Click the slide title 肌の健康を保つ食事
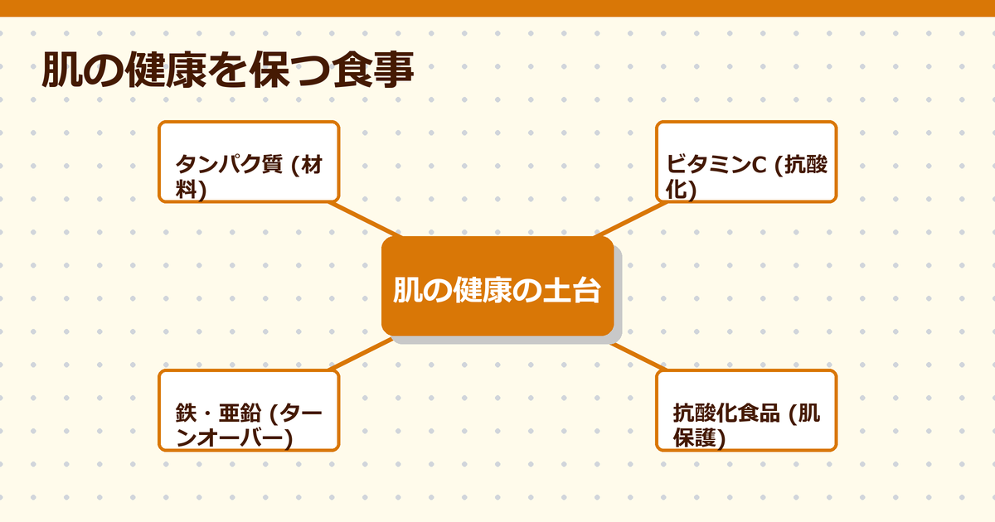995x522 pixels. pyautogui.click(x=227, y=71)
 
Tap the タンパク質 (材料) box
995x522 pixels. pyautogui.click(x=249, y=162)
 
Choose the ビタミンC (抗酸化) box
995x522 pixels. pyautogui.click(x=746, y=162)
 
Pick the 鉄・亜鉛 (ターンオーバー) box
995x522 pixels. pyautogui.click(x=249, y=410)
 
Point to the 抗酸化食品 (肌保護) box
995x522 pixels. pyautogui.click(x=746, y=410)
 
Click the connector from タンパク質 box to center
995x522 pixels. pyautogui.click(x=365, y=219)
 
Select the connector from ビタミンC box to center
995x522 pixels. pyautogui.click(x=630, y=219)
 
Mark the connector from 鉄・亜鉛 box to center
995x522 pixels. pyautogui.click(x=362, y=354)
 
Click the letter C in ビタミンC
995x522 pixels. pyautogui.click(x=758, y=166)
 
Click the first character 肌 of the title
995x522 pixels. pyautogui.click(x=61, y=71)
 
